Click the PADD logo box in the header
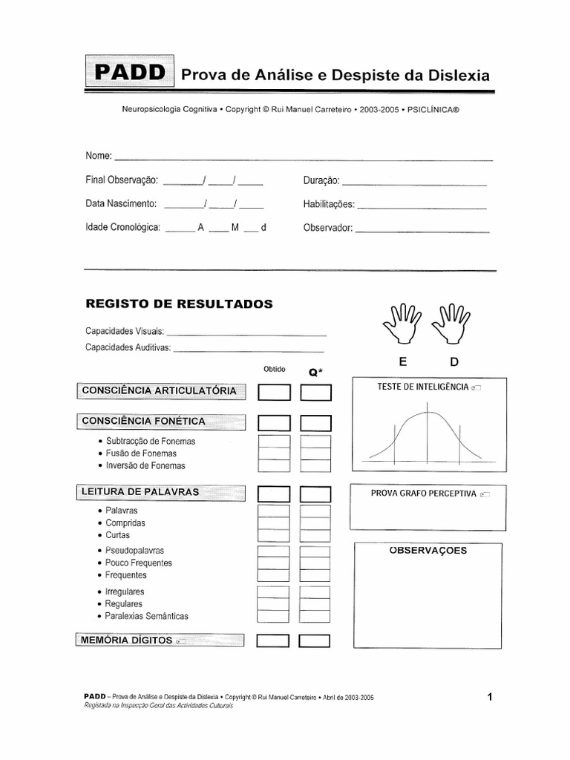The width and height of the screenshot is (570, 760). (130, 72)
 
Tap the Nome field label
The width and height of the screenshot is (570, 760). (98, 156)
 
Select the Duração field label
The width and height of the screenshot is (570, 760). (321, 180)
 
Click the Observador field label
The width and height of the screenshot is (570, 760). (327, 228)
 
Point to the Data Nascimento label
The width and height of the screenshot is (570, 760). (120, 203)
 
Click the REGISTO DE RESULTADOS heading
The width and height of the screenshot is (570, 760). (179, 304)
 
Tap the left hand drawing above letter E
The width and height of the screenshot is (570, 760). (402, 324)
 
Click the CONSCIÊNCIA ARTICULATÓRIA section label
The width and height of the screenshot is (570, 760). (160, 390)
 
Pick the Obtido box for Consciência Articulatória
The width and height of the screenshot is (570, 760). (274, 392)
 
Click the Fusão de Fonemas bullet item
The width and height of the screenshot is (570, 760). (141, 453)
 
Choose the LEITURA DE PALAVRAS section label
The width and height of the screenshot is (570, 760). (140, 491)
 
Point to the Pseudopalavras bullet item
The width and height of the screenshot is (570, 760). (134, 551)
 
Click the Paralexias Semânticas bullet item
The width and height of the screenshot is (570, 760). (147, 616)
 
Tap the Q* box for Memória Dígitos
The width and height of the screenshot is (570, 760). (315, 641)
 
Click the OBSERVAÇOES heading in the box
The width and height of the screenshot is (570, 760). (428, 551)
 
